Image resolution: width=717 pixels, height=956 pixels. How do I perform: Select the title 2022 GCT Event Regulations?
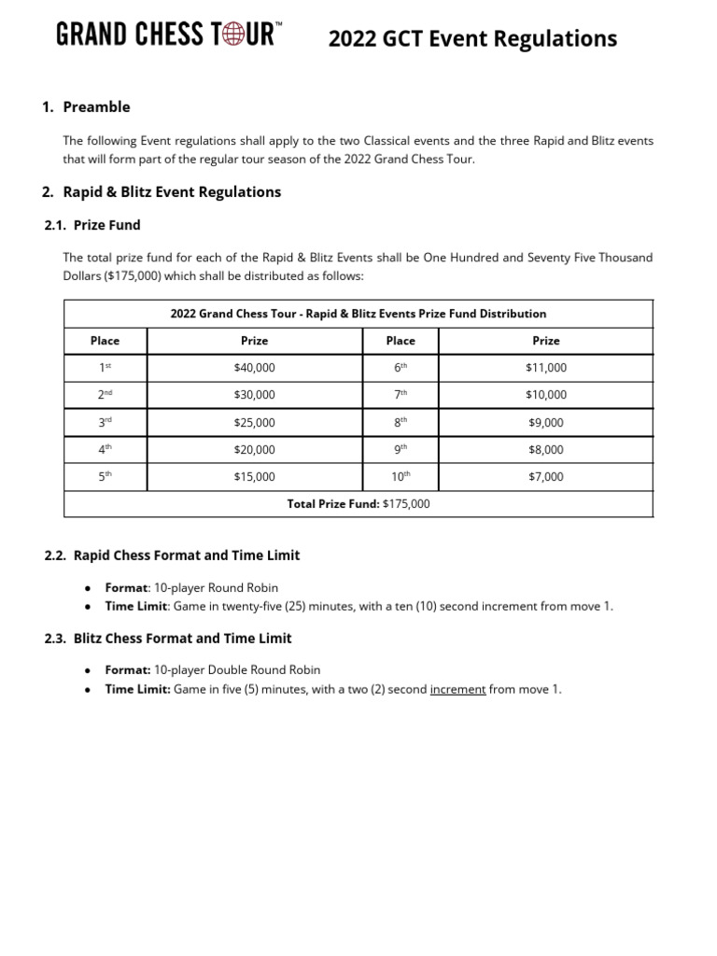(x=471, y=38)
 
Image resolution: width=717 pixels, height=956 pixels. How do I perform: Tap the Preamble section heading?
(x=96, y=106)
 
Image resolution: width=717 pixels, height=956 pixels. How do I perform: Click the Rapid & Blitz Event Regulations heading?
(x=171, y=191)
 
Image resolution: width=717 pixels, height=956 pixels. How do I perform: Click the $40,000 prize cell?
(x=254, y=368)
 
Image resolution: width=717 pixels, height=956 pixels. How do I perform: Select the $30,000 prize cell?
(x=254, y=395)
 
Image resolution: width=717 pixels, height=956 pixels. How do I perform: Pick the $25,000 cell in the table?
(x=254, y=423)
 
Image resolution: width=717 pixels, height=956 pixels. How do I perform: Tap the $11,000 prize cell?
(x=545, y=368)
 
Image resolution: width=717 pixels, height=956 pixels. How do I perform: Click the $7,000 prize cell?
(x=545, y=477)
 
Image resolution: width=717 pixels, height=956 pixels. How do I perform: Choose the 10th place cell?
(x=401, y=477)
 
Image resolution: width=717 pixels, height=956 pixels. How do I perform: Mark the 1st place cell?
(x=105, y=368)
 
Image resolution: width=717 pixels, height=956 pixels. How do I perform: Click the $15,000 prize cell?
(x=254, y=477)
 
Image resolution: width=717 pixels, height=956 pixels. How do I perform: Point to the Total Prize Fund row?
(x=358, y=504)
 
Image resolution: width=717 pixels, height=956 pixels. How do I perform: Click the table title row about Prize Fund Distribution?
(x=358, y=314)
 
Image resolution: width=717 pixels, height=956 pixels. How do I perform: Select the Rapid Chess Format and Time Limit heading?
(x=186, y=555)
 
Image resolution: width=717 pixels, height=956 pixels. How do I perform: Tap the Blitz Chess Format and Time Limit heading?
(x=182, y=639)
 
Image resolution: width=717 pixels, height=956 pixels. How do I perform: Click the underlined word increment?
(x=457, y=690)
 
